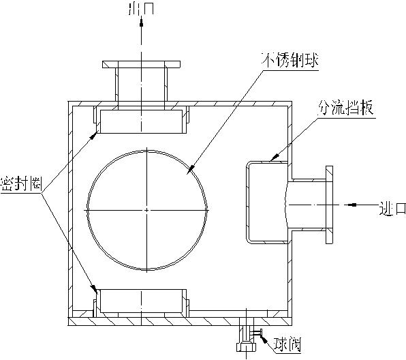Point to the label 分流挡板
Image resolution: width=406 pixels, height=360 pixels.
click(347, 108)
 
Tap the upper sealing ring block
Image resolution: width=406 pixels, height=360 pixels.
click(142, 121)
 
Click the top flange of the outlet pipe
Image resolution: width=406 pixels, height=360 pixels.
click(142, 65)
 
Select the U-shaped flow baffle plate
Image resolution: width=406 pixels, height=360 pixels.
click(249, 202)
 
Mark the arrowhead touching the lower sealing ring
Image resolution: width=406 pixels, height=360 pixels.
click(96, 290)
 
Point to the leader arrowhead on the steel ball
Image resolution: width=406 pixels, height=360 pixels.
click(190, 169)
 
